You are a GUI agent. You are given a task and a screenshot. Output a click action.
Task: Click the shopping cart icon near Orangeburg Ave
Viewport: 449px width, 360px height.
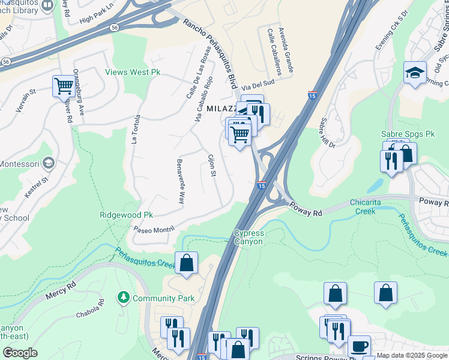[x=63, y=85]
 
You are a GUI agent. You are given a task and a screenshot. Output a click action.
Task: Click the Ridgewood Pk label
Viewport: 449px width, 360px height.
[x=127, y=215]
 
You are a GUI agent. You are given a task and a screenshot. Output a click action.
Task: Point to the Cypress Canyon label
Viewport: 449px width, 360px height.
[x=248, y=237]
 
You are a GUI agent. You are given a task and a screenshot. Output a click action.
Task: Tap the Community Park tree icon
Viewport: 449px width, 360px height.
[x=123, y=298]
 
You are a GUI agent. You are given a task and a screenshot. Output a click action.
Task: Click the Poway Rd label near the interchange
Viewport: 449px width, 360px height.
[x=307, y=208]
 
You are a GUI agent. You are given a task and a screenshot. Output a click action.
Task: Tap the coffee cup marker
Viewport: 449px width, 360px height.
[x=359, y=346]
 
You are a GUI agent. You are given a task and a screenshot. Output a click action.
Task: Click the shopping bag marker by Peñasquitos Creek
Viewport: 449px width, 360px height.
[x=186, y=262]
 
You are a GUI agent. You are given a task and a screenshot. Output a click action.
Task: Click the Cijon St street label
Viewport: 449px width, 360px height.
[x=211, y=166]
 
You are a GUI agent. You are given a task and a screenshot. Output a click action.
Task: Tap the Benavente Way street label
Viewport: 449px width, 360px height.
[x=180, y=181]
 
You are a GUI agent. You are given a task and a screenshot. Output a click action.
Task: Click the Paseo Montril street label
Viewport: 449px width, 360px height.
[x=154, y=229]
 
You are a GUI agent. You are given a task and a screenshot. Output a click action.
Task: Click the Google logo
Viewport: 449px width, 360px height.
[x=20, y=352]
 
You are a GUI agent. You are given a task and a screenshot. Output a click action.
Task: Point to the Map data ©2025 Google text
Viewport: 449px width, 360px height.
[x=411, y=355]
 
